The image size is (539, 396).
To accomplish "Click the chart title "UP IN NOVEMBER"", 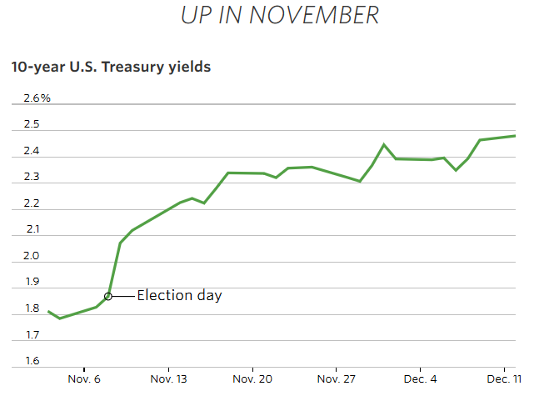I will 280,15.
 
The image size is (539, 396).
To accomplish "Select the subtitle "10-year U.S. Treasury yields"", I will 111,68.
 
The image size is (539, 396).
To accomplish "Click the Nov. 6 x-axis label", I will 85,379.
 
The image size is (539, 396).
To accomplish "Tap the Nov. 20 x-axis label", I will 252,379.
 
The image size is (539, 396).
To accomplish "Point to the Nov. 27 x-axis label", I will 336,379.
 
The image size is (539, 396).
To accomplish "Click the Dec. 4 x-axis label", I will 421,379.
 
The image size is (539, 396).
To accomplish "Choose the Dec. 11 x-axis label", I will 504,379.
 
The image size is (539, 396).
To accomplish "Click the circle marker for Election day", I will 108,296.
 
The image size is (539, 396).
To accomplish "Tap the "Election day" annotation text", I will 179,295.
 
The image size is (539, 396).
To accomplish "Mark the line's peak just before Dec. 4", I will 384,144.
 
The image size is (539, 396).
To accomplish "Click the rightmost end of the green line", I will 515,136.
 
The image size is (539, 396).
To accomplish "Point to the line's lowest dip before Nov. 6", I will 59,318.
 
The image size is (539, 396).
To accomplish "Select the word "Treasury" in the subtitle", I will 130,68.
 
